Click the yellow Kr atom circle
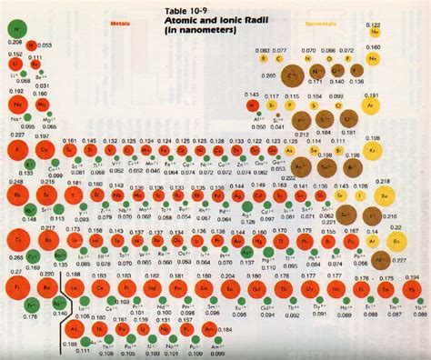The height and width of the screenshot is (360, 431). [x=397, y=149]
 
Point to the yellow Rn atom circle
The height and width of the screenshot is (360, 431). [x=397, y=242]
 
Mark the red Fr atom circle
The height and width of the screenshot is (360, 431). [x=17, y=290]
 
